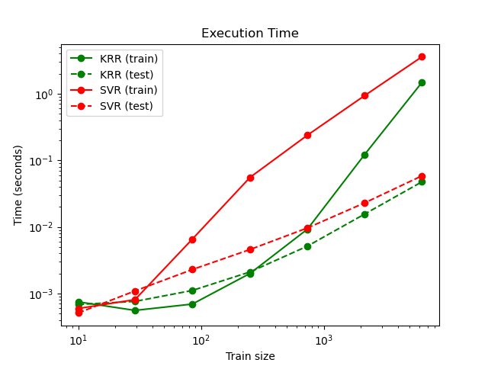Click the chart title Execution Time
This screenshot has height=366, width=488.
point(249,34)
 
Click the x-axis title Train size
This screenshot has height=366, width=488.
point(249,356)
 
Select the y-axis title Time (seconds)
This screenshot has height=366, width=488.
point(18,185)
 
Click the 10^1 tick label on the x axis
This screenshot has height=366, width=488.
point(79,339)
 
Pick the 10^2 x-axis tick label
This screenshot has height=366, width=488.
point(201,339)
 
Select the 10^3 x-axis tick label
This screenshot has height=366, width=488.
point(324,339)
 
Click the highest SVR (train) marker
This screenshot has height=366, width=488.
point(422,56)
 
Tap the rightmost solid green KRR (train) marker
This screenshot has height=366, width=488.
point(422,82)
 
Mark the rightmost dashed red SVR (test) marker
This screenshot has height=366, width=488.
point(422,176)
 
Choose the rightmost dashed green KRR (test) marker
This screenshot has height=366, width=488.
point(422,181)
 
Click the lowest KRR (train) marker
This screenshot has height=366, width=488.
point(135,310)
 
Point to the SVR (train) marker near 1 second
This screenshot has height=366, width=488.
point(364,95)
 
